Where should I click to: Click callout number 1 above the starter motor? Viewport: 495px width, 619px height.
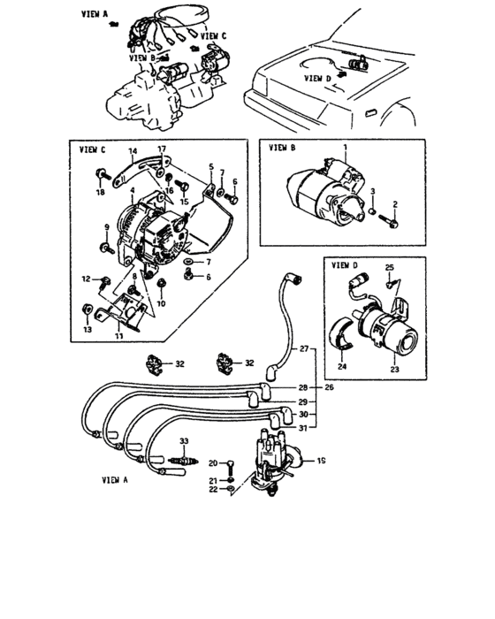click(345, 145)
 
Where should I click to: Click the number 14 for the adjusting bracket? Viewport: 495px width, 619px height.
click(133, 151)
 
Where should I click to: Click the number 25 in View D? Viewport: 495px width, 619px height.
click(388, 267)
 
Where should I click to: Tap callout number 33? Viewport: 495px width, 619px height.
click(184, 439)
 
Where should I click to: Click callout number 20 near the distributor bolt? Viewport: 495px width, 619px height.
click(212, 462)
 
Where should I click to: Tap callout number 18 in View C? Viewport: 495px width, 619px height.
click(100, 192)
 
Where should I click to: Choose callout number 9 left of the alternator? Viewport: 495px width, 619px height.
click(106, 228)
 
